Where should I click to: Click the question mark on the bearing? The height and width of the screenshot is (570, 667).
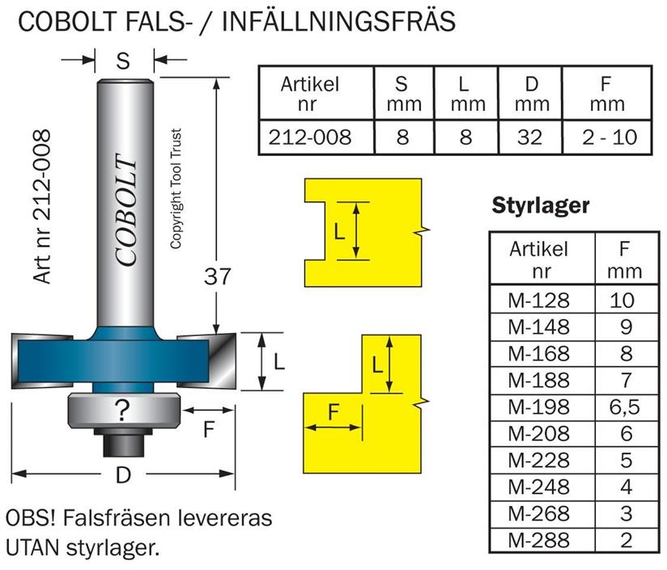point(121,410)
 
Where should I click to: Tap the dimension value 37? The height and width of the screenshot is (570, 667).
point(217,277)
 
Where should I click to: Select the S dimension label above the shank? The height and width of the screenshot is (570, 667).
point(123,60)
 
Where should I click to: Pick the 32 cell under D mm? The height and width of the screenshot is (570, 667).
point(529,137)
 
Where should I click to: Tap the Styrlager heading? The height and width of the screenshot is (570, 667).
point(540,207)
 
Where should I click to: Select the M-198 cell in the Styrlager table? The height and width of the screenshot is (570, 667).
point(539,407)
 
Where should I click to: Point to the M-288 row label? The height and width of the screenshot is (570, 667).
point(539,540)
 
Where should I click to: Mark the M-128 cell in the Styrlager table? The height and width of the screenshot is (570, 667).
point(539,301)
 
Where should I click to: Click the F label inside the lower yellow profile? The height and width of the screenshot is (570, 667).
point(333,412)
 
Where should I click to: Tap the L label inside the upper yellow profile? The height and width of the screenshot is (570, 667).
point(340,232)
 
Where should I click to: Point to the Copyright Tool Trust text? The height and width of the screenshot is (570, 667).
point(176,189)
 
